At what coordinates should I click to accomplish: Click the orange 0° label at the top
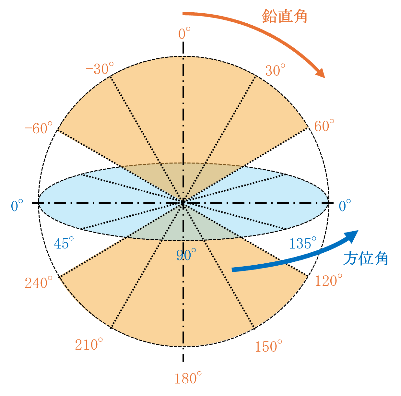coord(184,33)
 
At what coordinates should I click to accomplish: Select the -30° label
coord(100,69)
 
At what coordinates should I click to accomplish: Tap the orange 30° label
coord(275,70)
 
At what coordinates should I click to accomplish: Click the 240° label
coord(39,283)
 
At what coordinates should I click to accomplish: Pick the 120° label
coord(328,281)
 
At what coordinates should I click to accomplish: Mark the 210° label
coord(89,344)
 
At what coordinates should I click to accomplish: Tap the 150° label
coord(268,346)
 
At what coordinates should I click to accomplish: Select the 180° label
coord(188,378)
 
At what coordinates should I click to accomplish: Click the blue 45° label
coord(64,243)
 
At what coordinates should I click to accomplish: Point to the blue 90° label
coord(186,255)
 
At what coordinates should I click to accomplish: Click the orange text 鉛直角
coord(285,16)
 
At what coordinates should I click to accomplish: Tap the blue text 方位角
coord(366,258)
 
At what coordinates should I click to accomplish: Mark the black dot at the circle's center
coord(183,202)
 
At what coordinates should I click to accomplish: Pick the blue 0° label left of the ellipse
coord(17,206)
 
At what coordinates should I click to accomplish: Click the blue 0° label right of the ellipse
coord(345,206)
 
